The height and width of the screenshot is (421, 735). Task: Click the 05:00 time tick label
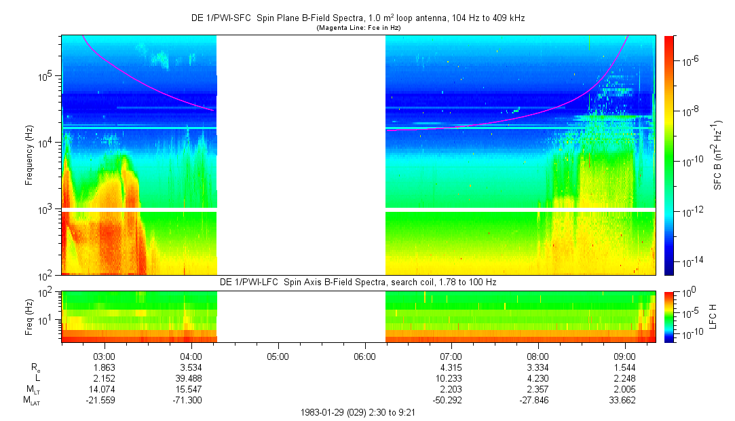tap(278, 355)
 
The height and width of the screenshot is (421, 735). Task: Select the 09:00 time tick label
tap(625, 355)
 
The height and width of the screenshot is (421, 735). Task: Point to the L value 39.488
tap(191, 378)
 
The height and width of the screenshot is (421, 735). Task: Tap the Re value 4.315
tap(451, 367)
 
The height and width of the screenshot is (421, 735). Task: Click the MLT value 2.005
tap(625, 389)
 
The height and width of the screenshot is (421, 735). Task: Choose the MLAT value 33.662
tap(625, 401)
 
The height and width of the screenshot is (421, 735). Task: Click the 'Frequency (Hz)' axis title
tap(29, 155)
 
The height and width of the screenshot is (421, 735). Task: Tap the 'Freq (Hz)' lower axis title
tap(29, 316)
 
